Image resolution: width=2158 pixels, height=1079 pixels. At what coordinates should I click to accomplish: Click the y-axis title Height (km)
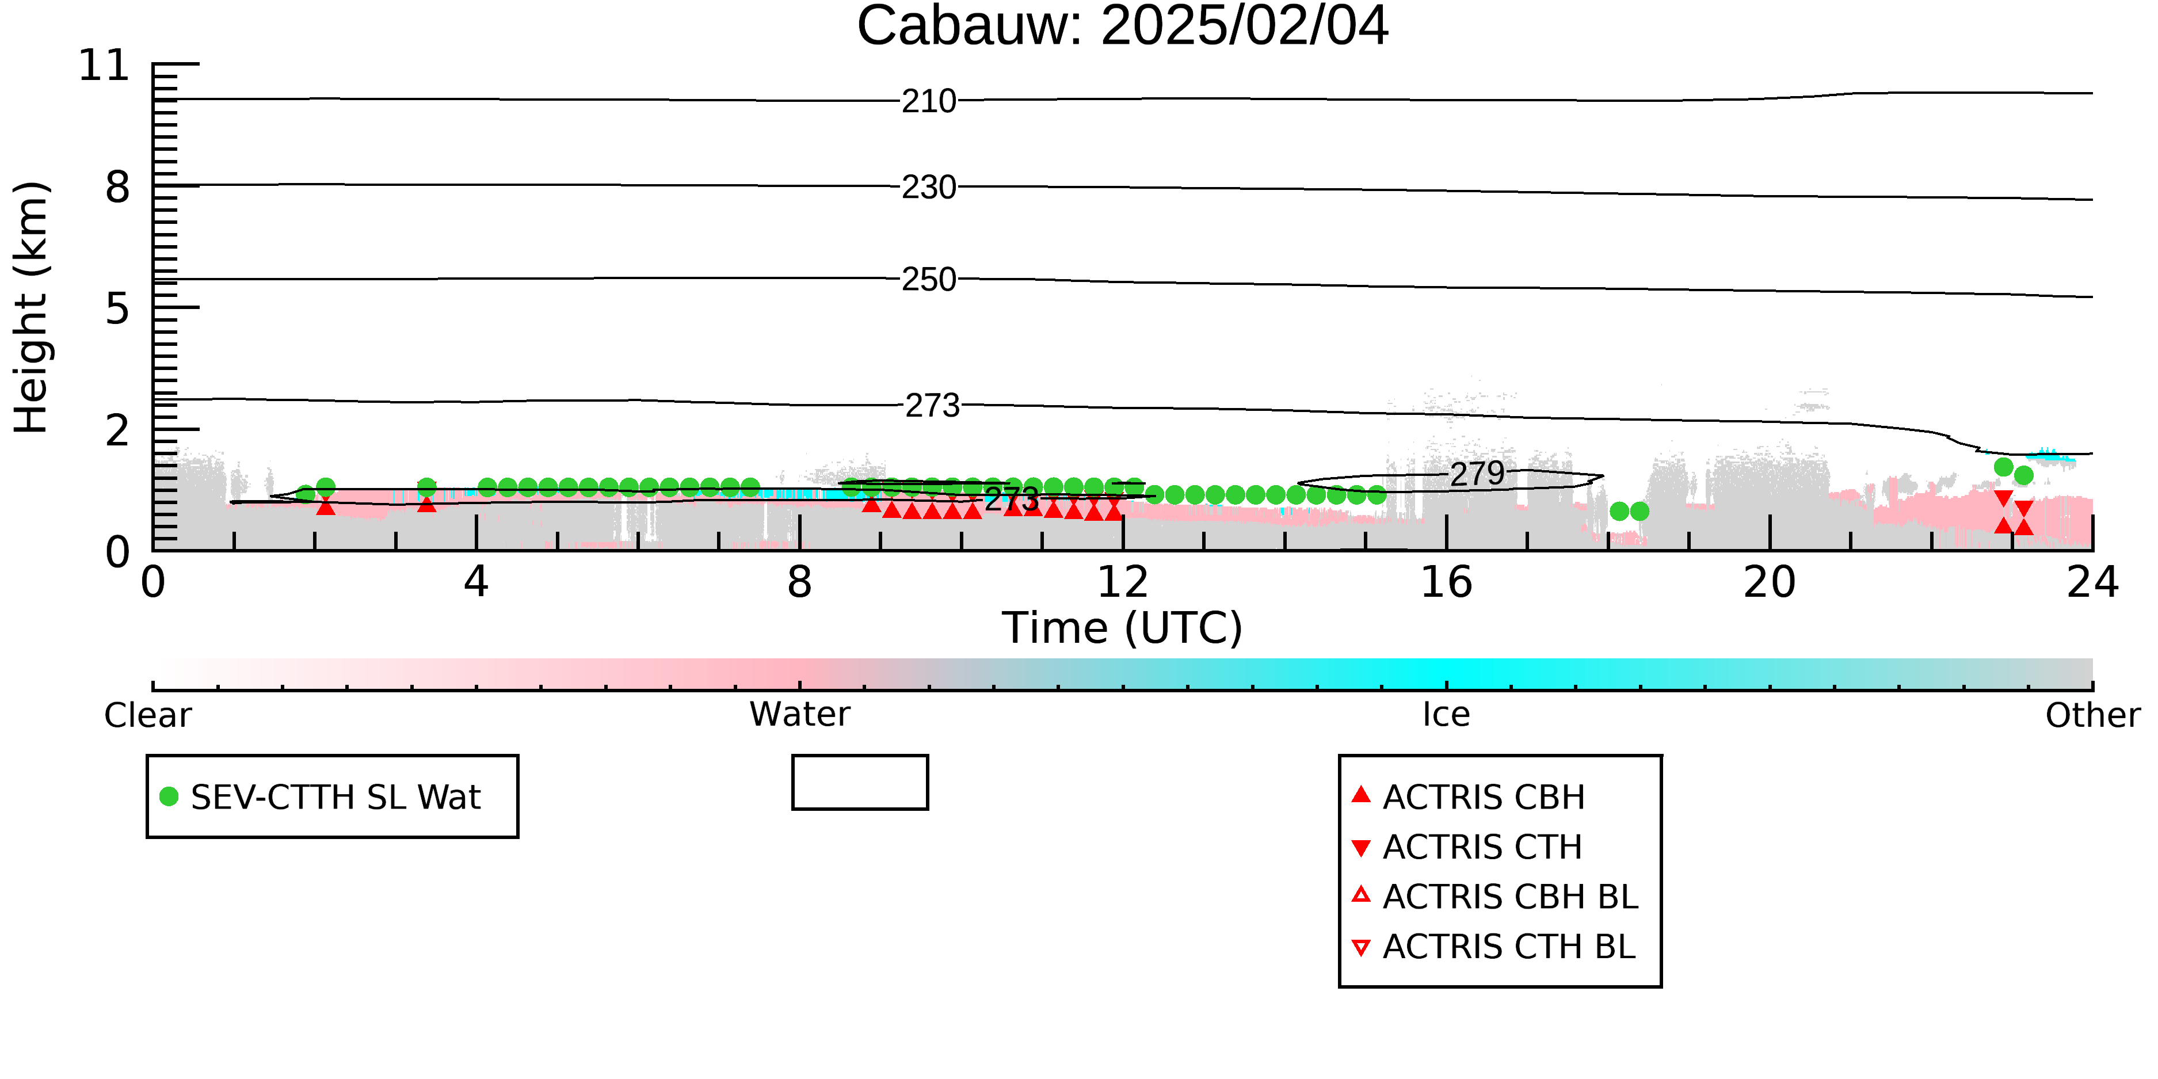31,307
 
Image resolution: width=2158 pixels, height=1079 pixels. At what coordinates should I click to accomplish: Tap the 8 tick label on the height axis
117,187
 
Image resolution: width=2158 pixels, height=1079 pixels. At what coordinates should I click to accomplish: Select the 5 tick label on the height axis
117,309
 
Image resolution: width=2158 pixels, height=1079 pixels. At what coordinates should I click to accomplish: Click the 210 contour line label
928,101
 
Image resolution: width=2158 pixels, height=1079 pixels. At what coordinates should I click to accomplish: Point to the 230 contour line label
928,188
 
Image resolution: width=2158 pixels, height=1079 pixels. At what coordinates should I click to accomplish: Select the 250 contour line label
928,280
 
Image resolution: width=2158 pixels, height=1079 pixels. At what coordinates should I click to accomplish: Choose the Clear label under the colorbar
147,715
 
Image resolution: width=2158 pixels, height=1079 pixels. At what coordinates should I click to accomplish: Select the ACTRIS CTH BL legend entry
1494,947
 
